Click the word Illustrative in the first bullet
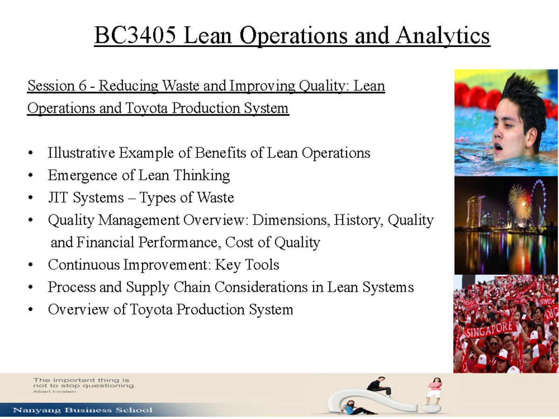click(x=81, y=153)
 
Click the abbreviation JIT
click(x=57, y=198)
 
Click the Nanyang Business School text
click(x=83, y=411)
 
